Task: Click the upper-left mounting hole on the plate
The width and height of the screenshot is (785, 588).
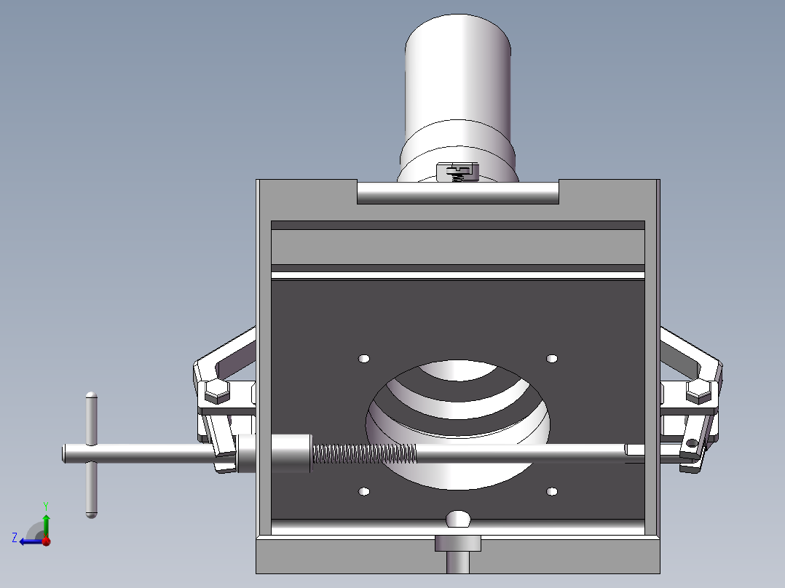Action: pos(364,359)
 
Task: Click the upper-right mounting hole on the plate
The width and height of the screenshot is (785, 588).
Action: pos(552,358)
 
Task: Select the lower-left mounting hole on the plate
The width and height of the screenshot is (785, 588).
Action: pos(364,493)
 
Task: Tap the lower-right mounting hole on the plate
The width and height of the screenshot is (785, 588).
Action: pos(552,493)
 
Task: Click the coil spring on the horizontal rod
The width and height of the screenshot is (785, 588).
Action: pos(364,454)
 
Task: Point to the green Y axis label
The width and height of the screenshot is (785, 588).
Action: pos(45,505)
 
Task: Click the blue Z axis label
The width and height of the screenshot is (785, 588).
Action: pos(15,538)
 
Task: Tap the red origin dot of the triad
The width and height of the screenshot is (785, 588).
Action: pos(46,541)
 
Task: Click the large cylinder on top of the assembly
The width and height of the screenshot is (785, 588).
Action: pos(459,73)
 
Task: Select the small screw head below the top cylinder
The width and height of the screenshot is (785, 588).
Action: pos(458,171)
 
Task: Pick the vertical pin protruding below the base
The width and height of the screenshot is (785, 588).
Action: pos(458,562)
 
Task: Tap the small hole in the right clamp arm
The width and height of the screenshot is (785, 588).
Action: pos(690,443)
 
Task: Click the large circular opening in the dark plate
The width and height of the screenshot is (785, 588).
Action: pos(459,408)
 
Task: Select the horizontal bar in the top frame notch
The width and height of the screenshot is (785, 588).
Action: pos(458,193)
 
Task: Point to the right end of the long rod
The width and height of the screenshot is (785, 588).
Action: pos(635,451)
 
